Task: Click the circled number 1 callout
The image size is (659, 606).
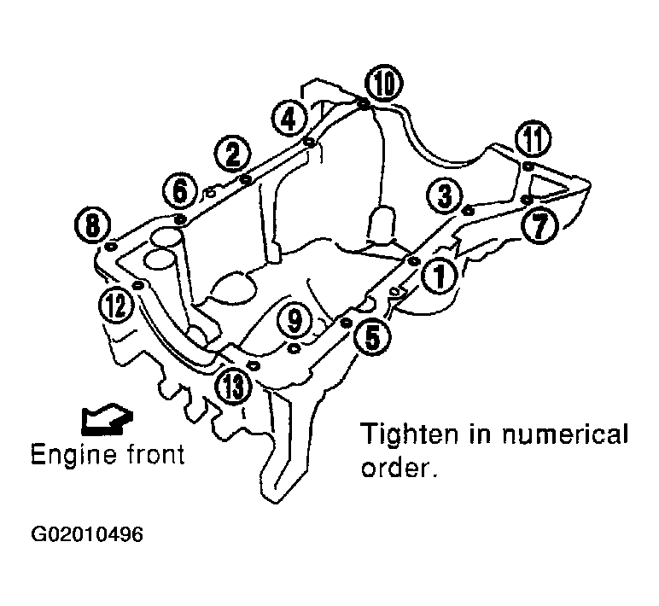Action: point(440,277)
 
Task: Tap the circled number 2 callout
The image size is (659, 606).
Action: point(233,154)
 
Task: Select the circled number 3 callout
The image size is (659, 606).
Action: point(445,195)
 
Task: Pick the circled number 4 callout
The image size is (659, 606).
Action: point(289,119)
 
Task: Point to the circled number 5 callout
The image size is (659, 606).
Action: point(372,337)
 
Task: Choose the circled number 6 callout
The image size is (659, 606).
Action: point(180,192)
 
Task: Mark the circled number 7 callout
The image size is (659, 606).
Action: point(539,225)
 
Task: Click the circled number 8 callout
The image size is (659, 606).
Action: point(92,225)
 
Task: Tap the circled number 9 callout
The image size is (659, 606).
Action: point(295,321)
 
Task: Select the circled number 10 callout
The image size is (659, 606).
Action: point(384,84)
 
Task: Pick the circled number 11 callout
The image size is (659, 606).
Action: point(534,139)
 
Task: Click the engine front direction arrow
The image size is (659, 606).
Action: point(107,420)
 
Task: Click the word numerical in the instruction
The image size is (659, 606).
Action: point(565,434)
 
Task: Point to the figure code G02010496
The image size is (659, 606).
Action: point(87,534)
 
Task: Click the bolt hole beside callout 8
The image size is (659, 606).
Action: point(110,247)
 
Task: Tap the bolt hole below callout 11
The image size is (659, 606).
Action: point(528,166)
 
